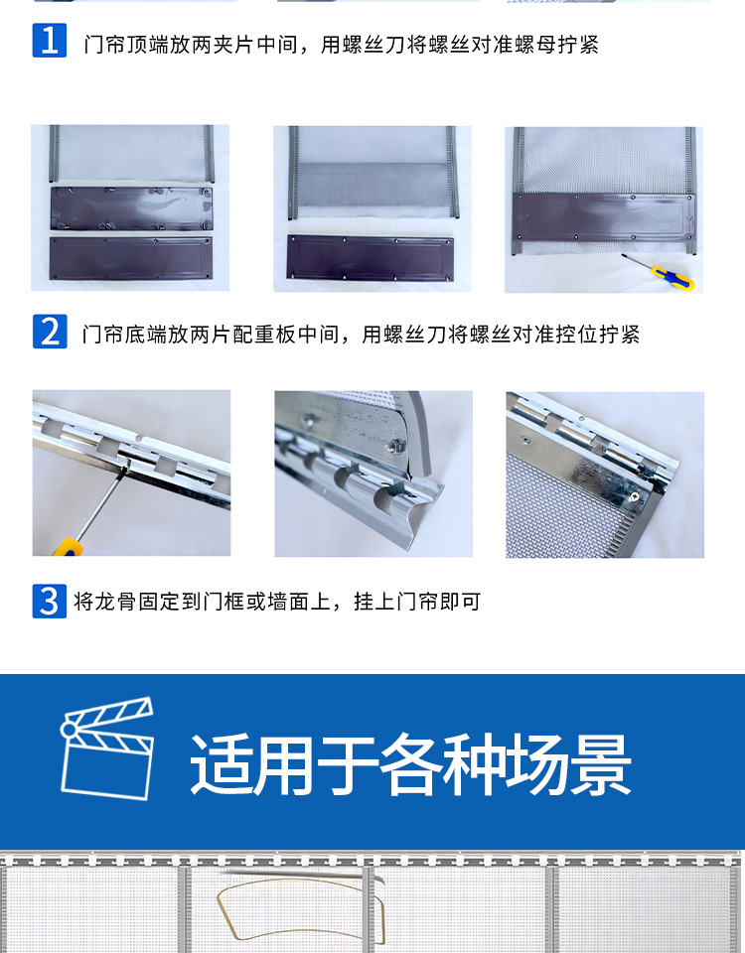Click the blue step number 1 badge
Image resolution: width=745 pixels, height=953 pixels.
50,41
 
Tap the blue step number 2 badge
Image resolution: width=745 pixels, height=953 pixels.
50,332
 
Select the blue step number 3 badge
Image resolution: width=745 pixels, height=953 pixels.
50,602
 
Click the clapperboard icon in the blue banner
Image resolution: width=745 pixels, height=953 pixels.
107,749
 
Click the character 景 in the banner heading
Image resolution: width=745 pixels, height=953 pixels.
600,764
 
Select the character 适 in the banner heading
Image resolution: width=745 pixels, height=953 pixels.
222,764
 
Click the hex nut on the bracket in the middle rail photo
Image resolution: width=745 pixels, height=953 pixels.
395,445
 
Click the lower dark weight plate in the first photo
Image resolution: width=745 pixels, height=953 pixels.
131,258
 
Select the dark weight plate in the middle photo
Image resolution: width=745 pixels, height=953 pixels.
371,258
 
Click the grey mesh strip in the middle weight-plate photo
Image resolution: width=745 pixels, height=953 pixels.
372,185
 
